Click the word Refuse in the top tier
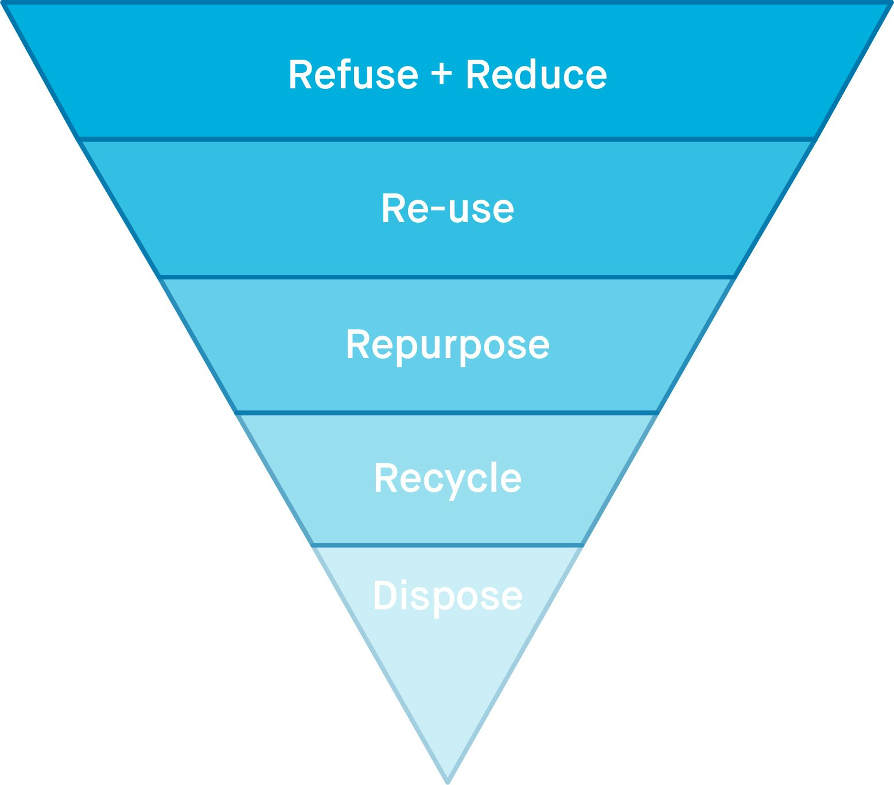click(353, 75)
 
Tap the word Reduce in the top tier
click(536, 75)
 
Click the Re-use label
click(448, 209)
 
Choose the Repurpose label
click(448, 345)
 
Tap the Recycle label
click(448, 479)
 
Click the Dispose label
click(448, 596)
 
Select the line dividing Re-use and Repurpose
click(448, 277)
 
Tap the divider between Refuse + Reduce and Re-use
click(448, 139)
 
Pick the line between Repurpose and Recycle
click(448, 412)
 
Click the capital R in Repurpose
click(357, 344)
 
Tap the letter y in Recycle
click(449, 484)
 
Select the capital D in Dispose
click(385, 596)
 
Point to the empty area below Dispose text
click(448, 677)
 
